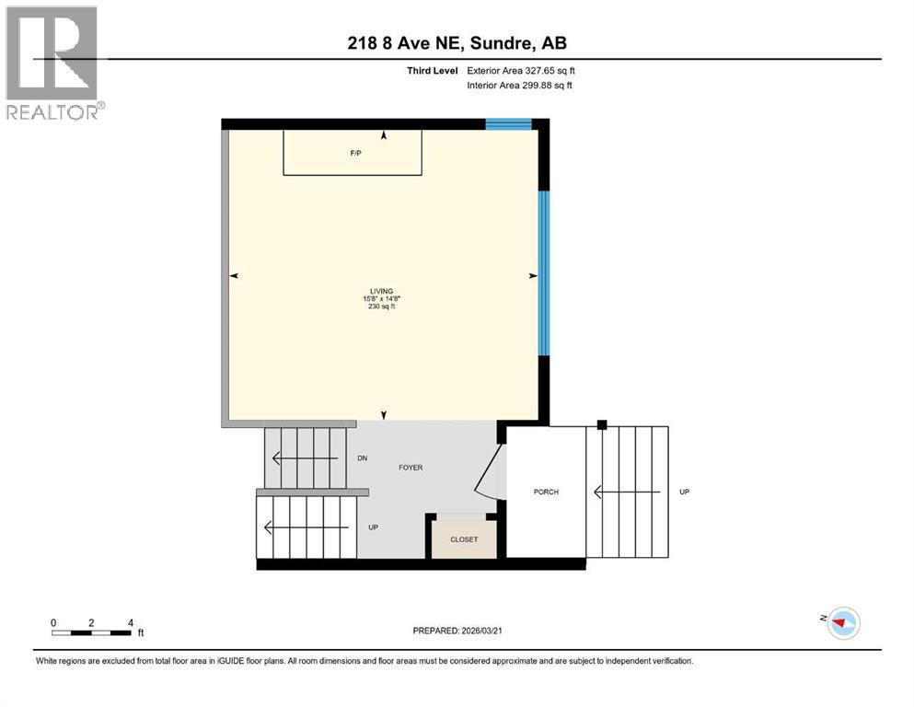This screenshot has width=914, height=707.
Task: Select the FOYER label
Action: [x=411, y=468]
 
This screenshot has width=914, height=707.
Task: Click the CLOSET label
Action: [x=464, y=539]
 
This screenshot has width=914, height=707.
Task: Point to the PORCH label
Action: [x=546, y=492]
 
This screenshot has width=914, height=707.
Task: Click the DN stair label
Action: [x=363, y=458]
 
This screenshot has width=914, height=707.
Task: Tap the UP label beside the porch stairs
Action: [x=684, y=492]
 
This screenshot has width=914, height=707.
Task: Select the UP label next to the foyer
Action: [x=373, y=527]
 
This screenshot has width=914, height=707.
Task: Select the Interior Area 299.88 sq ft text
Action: [x=520, y=86]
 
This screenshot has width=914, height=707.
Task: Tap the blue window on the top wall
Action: [x=509, y=124]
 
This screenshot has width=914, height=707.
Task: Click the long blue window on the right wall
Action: [x=543, y=272]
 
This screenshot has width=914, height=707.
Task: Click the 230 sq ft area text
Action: [x=383, y=307]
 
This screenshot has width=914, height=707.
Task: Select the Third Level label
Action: [x=431, y=70]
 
